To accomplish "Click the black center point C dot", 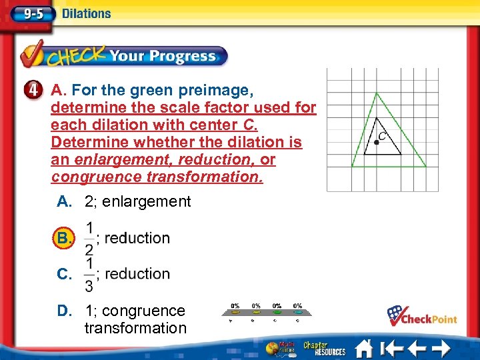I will (x=377, y=142).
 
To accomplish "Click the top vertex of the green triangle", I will (x=377, y=93).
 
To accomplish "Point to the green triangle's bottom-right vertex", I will (x=427, y=167).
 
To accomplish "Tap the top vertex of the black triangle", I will (x=377, y=118).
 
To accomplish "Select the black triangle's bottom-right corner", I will (x=401, y=154).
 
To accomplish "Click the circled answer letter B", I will (x=64, y=238).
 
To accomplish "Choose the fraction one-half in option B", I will (x=89, y=238).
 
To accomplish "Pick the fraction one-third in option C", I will (x=89, y=274).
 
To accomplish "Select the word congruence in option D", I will (x=143, y=311).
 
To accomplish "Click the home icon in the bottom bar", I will (x=364, y=348).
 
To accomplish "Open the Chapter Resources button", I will (x=325, y=348).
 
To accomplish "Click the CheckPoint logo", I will (x=422, y=315).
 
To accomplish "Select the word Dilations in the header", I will (x=86, y=13).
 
